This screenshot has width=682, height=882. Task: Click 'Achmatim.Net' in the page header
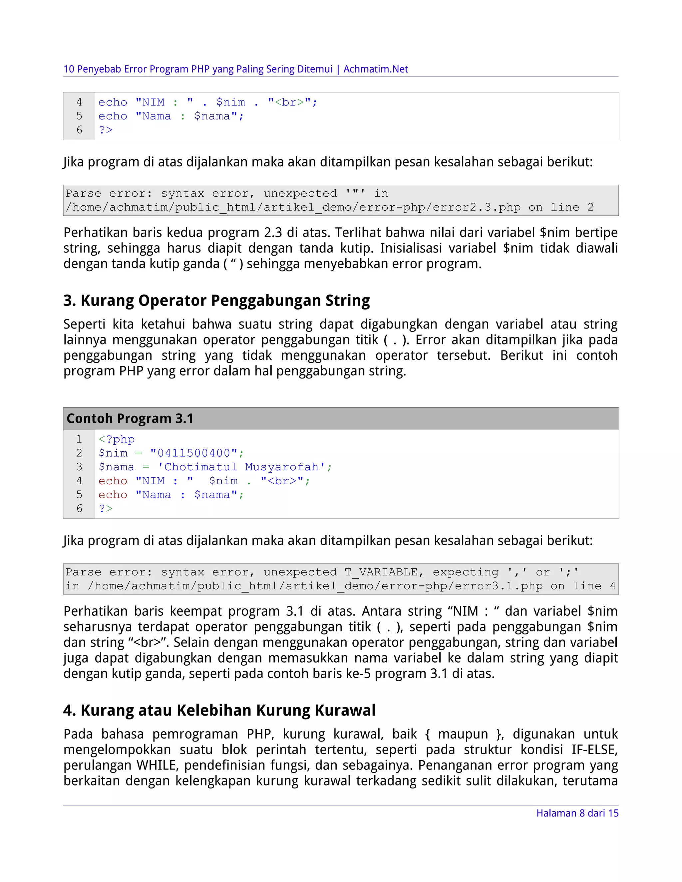coord(375,69)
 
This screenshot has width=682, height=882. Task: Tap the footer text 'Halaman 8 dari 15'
coord(577,813)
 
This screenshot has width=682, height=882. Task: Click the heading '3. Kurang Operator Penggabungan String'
coord(216,301)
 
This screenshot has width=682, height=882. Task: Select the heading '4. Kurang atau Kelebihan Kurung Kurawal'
coord(219,710)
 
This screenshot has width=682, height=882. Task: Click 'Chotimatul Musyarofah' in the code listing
coord(241,467)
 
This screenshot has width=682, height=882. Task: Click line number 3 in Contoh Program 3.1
coord(79,467)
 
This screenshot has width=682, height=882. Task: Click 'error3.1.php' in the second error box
coord(499,586)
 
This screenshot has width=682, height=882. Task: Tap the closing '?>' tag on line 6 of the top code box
coord(106,130)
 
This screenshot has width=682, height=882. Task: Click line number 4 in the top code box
coord(79,102)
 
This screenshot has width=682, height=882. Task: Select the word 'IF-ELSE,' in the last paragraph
coord(594,750)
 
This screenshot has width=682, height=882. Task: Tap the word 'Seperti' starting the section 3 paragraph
coord(85,324)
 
